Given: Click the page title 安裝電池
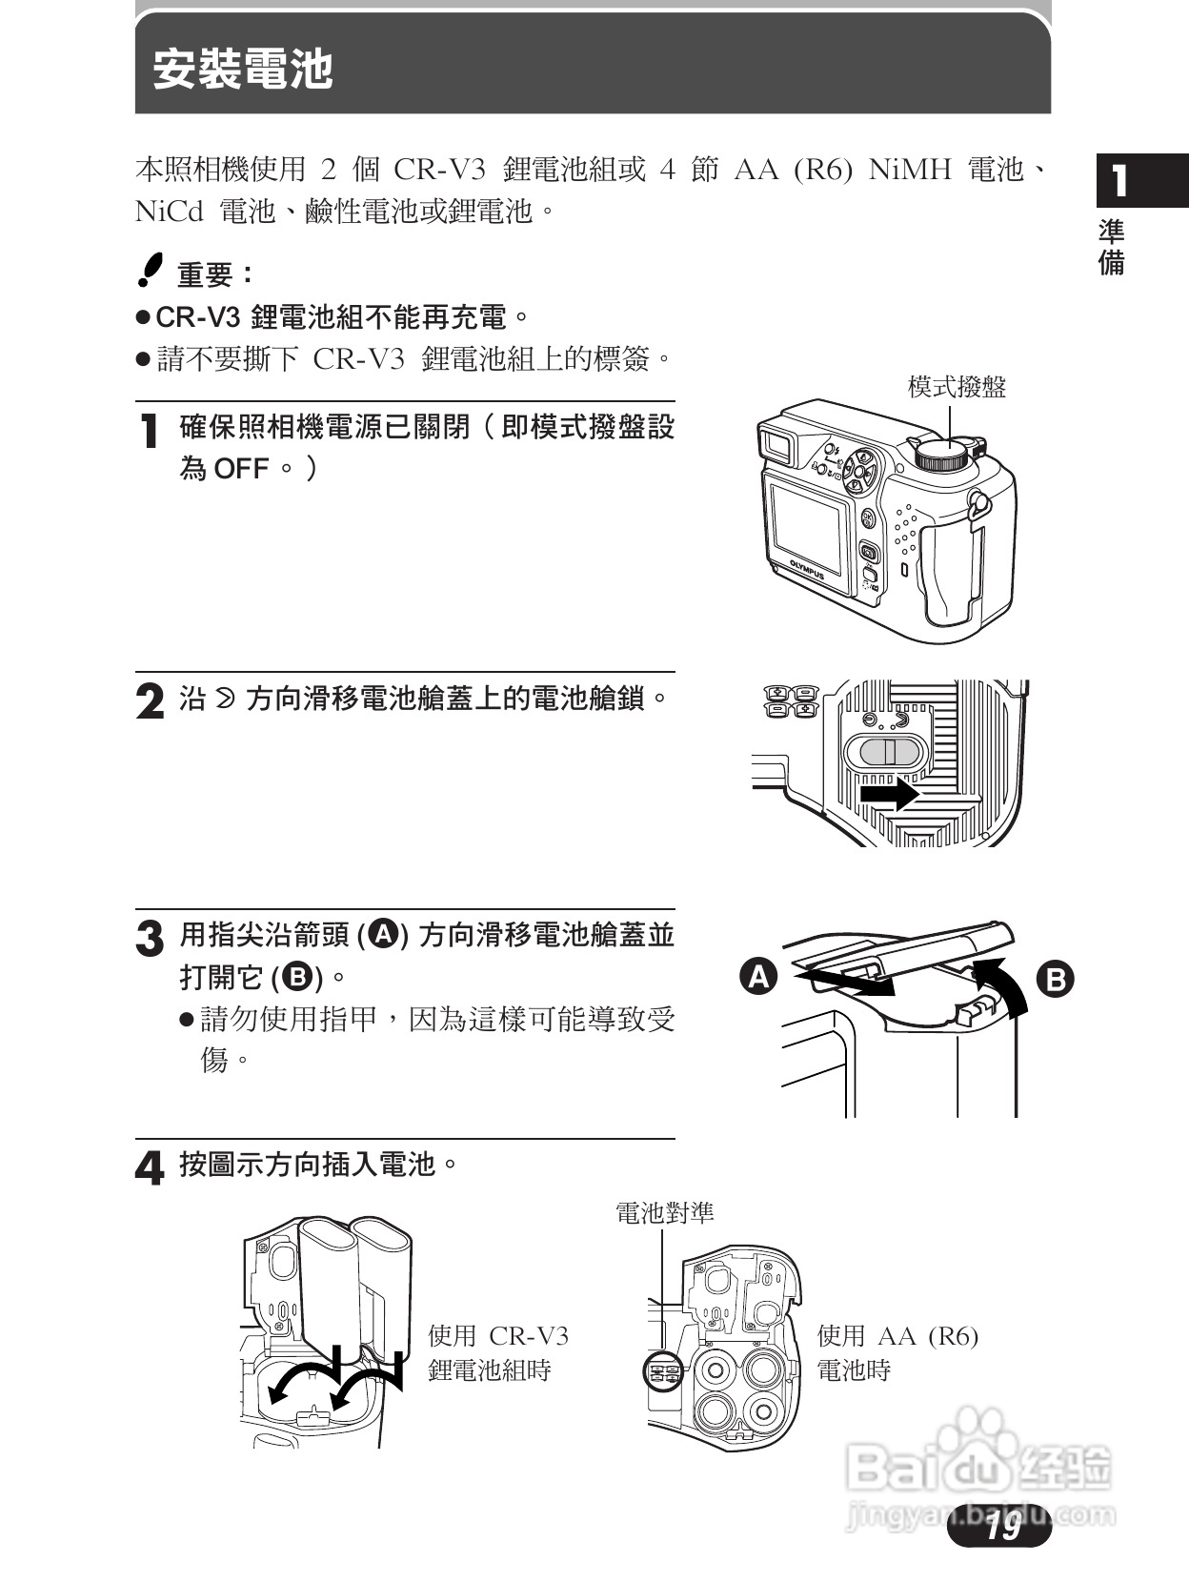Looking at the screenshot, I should pyautogui.click(x=243, y=70).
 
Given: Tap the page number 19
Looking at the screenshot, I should pyautogui.click(x=1002, y=1528).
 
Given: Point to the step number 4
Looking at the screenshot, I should pyautogui.click(x=150, y=1168).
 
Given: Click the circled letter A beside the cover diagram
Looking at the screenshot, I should pyautogui.click(x=759, y=978).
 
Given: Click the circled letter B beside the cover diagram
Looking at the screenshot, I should pyautogui.click(x=1055, y=980).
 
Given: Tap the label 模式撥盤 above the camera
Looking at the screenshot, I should pyautogui.click(x=957, y=387).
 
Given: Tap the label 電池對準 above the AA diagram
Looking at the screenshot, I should pyautogui.click(x=664, y=1212).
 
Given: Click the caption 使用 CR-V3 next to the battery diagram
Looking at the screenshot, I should pyautogui.click(x=498, y=1336).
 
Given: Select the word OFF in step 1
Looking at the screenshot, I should pyautogui.click(x=241, y=469).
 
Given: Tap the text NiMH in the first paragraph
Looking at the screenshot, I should pyautogui.click(x=910, y=171).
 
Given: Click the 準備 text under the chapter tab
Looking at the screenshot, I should pyautogui.click(x=1112, y=247).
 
